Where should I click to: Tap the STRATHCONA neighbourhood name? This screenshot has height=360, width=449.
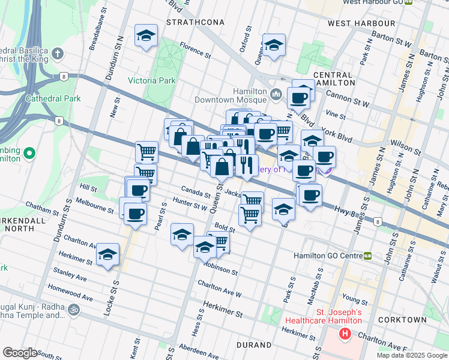195,22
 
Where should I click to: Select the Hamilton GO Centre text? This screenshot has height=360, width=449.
327,256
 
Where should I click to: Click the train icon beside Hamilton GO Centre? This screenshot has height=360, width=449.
367,256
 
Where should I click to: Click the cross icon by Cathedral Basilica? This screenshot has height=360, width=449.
58,55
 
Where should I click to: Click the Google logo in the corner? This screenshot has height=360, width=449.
20,353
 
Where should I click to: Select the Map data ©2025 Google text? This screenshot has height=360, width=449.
412,355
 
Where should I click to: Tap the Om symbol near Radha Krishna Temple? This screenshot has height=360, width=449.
73,310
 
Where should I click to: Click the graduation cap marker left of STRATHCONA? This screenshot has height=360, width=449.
145,36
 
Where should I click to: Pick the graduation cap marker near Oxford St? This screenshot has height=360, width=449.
274,46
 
